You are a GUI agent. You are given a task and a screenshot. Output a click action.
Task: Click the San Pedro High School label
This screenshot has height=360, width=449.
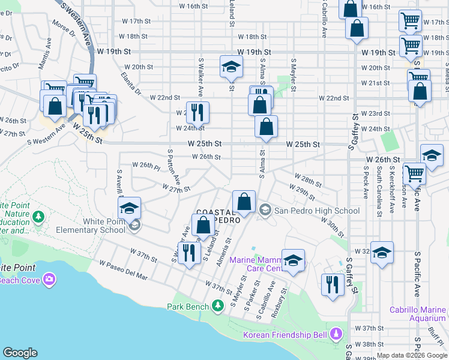pos(316,211)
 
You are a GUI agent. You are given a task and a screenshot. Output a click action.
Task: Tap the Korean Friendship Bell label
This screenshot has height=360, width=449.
pos(286,334)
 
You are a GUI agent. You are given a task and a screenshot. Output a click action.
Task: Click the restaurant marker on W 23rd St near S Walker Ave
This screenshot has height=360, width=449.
pos(197,112)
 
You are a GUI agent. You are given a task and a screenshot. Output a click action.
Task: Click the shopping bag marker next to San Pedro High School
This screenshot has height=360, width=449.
pos(244,202)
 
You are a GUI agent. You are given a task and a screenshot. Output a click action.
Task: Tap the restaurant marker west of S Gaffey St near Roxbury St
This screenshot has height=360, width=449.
pos(331,284)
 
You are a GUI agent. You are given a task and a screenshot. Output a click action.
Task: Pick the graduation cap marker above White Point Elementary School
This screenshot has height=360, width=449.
pos(129,208)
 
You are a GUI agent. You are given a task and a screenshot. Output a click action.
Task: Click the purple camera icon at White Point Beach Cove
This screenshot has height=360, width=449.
pos(49,279)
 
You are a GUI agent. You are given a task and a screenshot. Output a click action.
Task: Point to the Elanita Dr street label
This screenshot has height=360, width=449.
pos(130,85)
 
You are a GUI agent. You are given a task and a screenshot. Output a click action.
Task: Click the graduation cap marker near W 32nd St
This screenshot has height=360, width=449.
pos(382,252)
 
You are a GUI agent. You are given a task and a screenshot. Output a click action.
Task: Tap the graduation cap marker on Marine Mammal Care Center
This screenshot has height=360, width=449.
pos(293,260)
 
